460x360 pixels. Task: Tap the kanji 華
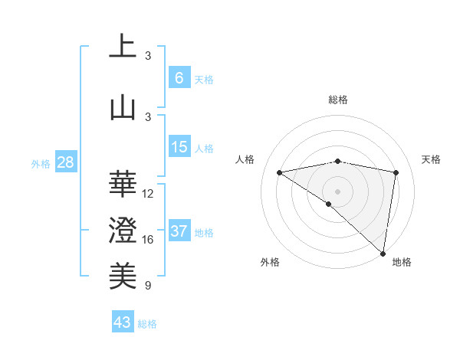click(123, 182)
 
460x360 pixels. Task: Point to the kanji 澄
click(123, 229)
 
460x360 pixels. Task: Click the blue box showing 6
click(179, 77)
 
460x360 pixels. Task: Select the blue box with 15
click(179, 147)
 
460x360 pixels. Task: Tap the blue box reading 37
click(179, 231)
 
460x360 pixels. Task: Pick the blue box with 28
click(65, 162)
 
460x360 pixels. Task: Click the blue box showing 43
click(123, 322)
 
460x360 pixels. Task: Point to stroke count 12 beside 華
click(148, 194)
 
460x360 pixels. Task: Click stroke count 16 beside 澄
click(148, 240)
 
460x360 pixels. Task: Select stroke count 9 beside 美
click(148, 286)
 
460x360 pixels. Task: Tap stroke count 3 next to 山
click(148, 116)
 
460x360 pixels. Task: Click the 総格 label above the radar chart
click(337, 100)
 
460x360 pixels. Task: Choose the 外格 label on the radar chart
click(270, 262)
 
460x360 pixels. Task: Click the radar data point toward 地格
click(383, 253)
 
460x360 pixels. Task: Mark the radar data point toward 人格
click(280, 172)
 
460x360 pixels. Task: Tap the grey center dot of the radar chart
click(337, 191)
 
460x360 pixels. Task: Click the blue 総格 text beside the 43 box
click(147, 324)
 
